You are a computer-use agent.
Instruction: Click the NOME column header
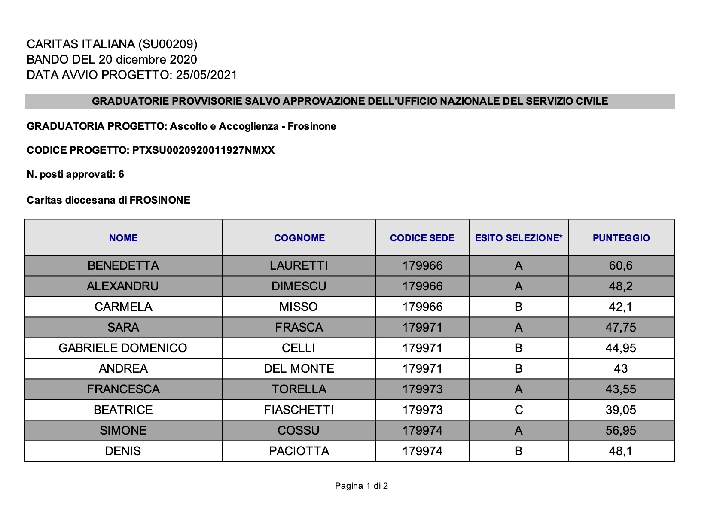click(123, 238)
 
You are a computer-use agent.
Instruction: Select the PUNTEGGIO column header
click(621, 238)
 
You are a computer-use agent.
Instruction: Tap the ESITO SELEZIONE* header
click(519, 238)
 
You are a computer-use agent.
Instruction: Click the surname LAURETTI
click(299, 265)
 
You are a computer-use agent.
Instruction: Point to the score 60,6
click(621, 265)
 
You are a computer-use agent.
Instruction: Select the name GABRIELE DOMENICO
click(123, 348)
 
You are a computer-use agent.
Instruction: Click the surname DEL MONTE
click(299, 368)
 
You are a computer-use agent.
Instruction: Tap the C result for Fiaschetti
click(519, 410)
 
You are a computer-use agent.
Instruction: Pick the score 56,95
click(621, 430)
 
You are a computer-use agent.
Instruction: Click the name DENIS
click(123, 451)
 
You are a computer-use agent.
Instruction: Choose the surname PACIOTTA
click(299, 451)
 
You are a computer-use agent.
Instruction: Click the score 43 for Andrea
click(621, 368)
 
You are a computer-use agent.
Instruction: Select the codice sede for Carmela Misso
click(422, 307)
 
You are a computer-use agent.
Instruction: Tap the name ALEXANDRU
click(123, 286)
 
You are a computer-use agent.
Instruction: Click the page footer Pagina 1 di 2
click(361, 486)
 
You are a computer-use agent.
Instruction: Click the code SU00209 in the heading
click(168, 44)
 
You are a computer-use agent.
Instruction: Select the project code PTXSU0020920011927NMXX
click(203, 150)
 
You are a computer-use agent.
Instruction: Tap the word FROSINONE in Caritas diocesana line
click(160, 200)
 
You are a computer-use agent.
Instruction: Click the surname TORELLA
click(299, 389)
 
